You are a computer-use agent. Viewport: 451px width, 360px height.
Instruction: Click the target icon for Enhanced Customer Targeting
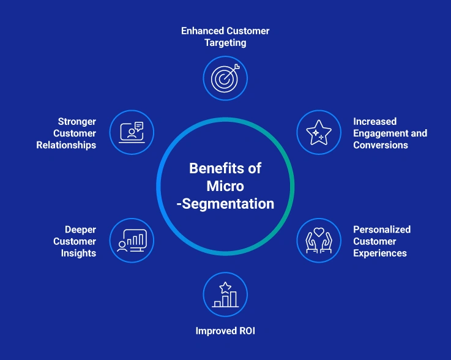(x=225, y=78)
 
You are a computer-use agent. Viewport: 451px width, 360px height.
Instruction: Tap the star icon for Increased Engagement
(x=318, y=132)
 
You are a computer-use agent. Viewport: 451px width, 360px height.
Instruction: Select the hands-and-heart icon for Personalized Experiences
(x=318, y=241)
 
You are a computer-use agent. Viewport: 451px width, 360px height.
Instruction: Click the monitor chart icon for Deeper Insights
(x=132, y=241)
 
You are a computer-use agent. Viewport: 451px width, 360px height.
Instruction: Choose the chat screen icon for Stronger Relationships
(x=132, y=132)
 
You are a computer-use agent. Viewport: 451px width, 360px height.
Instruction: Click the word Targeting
(x=225, y=42)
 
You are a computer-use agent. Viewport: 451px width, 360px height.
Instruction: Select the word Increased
(x=375, y=122)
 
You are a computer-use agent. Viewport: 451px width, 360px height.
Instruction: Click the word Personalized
(x=382, y=230)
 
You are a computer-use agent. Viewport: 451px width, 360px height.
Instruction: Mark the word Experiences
(x=380, y=253)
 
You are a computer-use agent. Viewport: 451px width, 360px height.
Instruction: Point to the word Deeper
(x=80, y=230)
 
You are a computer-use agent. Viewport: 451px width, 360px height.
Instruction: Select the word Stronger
(x=77, y=122)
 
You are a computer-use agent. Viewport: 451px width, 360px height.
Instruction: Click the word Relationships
(x=66, y=145)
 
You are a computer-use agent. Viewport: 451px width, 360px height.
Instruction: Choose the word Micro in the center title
(x=225, y=186)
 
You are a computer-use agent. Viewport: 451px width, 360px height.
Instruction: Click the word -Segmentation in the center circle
(x=225, y=203)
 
